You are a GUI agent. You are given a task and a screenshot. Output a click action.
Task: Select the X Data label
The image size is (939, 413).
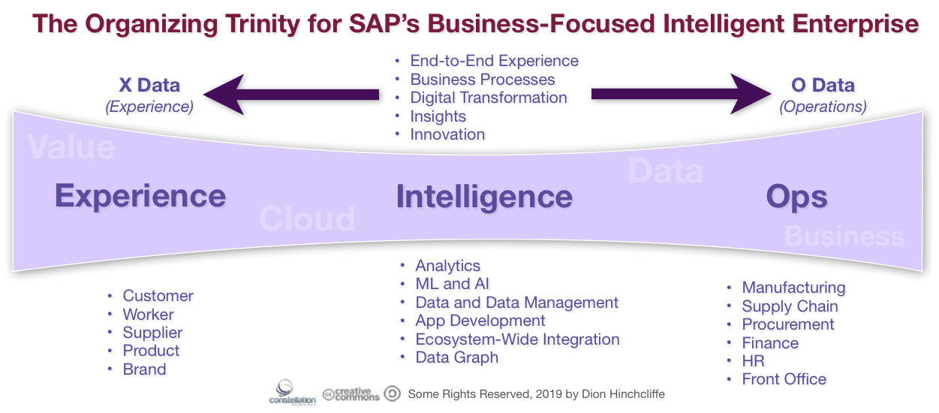[149, 85]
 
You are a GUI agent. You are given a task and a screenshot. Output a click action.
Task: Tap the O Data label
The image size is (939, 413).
[823, 85]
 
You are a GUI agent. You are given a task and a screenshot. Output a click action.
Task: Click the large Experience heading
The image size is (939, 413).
[140, 196]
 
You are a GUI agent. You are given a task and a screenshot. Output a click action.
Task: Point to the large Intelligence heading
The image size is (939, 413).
[484, 197]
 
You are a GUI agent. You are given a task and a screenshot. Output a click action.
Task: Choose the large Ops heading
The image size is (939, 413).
[796, 197]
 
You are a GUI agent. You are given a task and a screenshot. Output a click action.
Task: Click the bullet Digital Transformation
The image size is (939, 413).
[488, 98]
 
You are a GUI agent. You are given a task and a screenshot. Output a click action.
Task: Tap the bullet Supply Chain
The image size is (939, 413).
[790, 306]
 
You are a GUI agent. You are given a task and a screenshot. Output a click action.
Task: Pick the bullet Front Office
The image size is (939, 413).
[784, 379]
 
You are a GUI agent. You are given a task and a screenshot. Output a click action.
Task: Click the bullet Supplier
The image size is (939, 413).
[152, 333]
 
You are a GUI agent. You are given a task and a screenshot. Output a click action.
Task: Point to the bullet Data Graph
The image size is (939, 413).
[456, 357]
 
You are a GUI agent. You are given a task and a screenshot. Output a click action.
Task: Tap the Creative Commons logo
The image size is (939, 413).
[351, 394]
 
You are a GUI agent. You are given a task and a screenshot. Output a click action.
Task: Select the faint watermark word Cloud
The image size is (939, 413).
[306, 219]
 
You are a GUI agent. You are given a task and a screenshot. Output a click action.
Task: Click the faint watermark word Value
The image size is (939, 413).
[71, 146]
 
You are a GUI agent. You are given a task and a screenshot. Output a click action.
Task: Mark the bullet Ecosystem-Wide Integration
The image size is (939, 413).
[517, 339]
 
